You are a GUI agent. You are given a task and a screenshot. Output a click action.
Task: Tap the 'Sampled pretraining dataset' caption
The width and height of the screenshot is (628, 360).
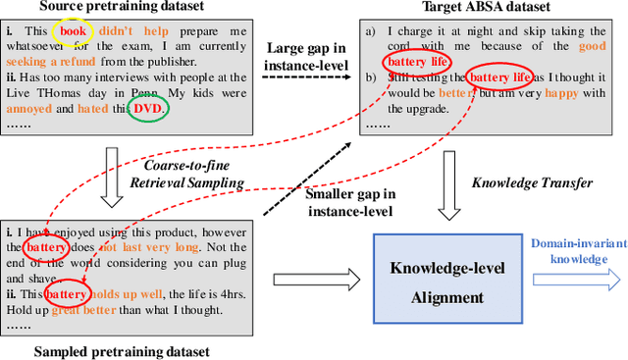click(123, 350)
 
